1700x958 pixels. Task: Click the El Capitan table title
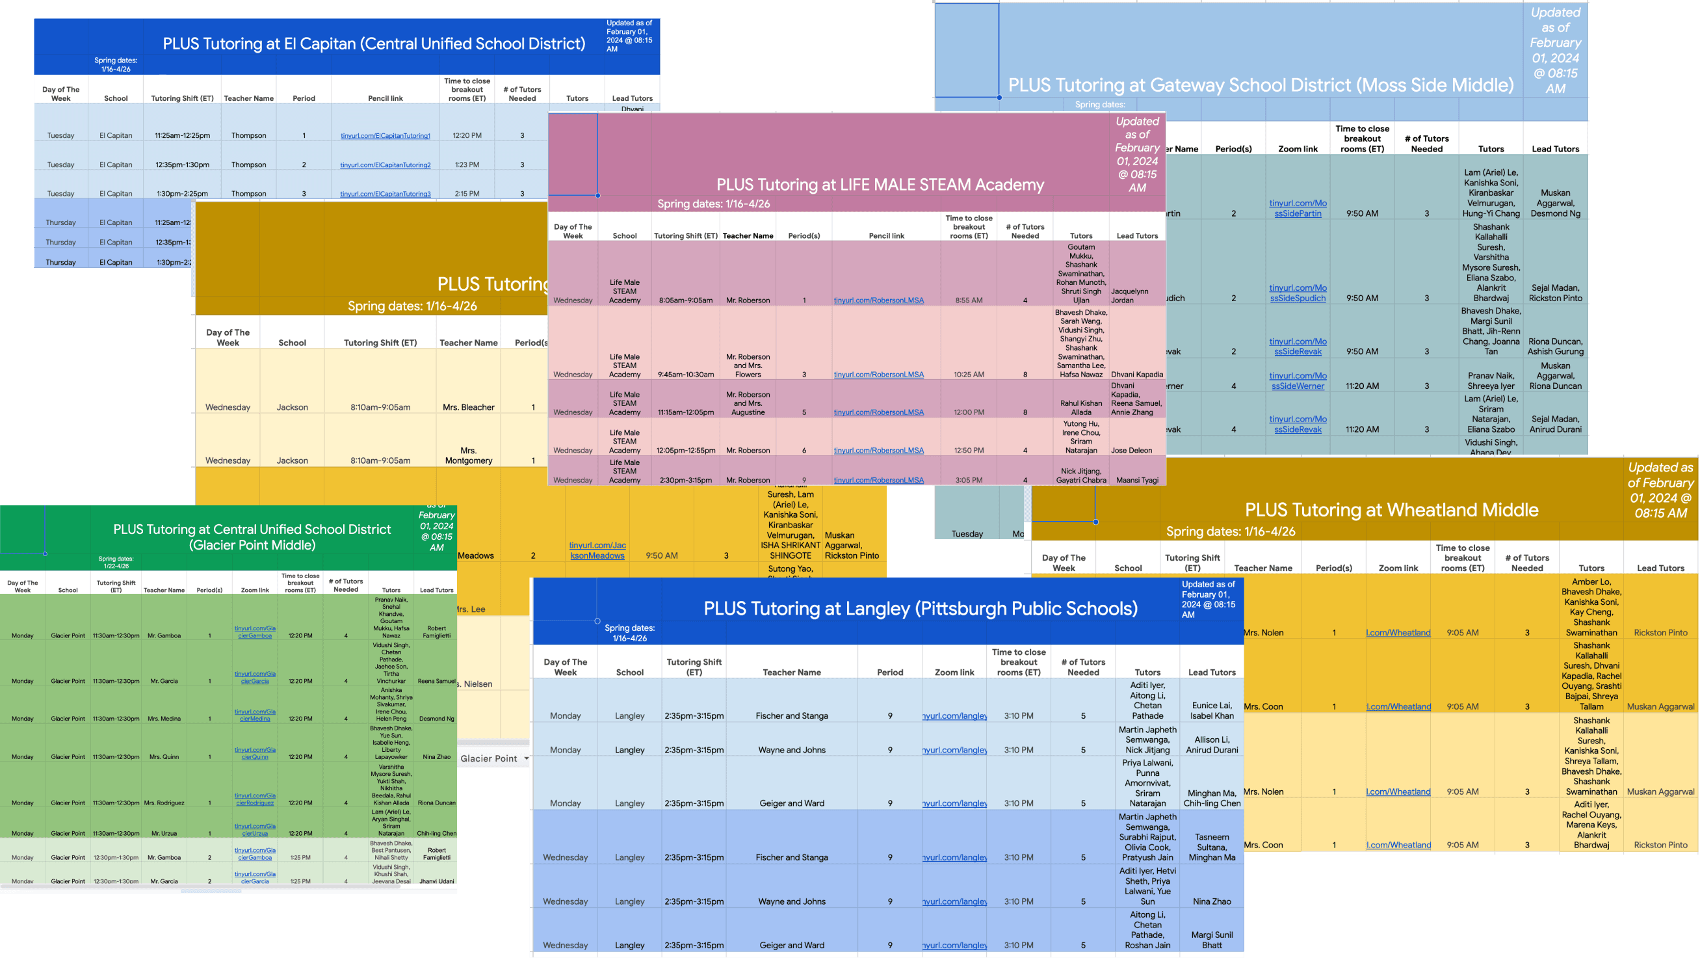pyautogui.click(x=374, y=44)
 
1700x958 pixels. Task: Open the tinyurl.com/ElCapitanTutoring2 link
pyautogui.click(x=386, y=165)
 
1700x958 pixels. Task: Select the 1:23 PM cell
pyautogui.click(x=467, y=165)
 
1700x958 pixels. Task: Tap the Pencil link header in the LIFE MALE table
pyautogui.click(x=886, y=235)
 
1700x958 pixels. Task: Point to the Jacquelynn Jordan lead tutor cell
pyautogui.click(x=1136, y=296)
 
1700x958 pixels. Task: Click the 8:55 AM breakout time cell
pyautogui.click(x=969, y=300)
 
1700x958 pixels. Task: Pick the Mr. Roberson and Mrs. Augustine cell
pyautogui.click(x=748, y=403)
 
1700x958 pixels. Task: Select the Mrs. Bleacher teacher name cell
pyautogui.click(x=469, y=407)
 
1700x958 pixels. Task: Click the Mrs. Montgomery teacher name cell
pyautogui.click(x=469, y=455)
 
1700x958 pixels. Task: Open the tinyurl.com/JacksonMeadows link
pyautogui.click(x=597, y=550)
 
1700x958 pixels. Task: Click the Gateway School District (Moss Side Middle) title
pyautogui.click(x=1261, y=85)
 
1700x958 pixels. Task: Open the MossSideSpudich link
pyautogui.click(x=1298, y=293)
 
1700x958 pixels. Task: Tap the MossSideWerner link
pyautogui.click(x=1298, y=381)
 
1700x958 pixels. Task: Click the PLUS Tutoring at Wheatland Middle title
pyautogui.click(x=1391, y=510)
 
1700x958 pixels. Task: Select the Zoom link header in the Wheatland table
pyautogui.click(x=1398, y=568)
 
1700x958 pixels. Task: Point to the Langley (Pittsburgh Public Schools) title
pyautogui.click(x=920, y=608)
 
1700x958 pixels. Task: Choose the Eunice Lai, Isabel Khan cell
pyautogui.click(x=1212, y=710)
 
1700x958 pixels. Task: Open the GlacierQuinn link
pyautogui.click(x=255, y=753)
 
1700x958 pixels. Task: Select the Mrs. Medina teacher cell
pyautogui.click(x=164, y=718)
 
